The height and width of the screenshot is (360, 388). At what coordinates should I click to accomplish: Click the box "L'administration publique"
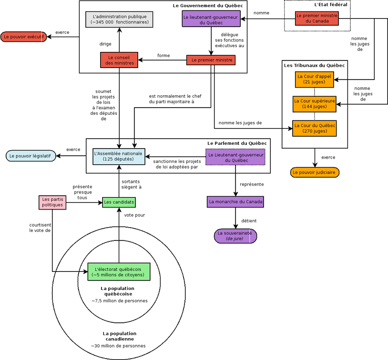pos(119,19)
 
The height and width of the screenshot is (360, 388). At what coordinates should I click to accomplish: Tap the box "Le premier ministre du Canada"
pos(317,18)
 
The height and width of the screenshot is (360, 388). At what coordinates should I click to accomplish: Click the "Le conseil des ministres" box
pos(119,60)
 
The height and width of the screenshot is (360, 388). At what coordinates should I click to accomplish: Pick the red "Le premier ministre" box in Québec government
pos(212,60)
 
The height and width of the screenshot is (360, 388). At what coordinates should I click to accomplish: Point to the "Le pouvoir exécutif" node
pos(23,37)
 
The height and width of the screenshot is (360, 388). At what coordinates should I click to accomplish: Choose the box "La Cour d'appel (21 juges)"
pos(314,79)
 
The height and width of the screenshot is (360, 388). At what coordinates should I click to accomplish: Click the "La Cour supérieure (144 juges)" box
pos(314,104)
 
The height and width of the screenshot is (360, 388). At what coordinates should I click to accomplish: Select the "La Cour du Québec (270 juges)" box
pos(314,128)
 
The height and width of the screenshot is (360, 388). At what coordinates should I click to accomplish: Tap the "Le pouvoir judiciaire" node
pos(314,172)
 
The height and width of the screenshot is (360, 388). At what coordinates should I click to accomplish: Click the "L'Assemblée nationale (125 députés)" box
pos(119,156)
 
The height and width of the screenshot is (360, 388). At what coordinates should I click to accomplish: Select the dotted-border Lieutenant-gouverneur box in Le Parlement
pos(235,157)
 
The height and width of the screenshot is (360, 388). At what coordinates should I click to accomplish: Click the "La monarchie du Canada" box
pos(235,202)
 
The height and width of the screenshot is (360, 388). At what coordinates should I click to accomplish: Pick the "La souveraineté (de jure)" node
pos(235,236)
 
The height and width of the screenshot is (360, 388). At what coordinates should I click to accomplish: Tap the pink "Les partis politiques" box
pos(52,202)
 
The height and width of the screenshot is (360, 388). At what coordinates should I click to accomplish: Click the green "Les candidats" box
pos(119,202)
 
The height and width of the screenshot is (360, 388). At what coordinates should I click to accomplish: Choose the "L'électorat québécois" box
pos(119,271)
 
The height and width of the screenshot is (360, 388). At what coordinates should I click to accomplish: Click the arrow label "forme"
pos(163,56)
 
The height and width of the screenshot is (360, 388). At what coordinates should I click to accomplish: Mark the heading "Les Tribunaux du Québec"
pos(314,65)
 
